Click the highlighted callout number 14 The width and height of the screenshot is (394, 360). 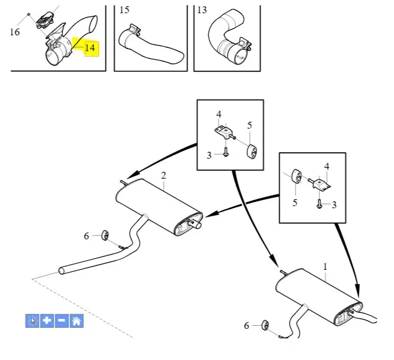click(90, 48)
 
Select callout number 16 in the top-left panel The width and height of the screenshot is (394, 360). click(15, 32)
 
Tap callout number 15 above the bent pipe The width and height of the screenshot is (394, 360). click(124, 10)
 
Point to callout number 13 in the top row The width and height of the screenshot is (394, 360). click(202, 10)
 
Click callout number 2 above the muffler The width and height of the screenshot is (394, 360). click(164, 176)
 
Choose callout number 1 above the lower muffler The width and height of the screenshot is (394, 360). click(325, 267)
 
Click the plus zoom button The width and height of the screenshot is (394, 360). click(47, 321)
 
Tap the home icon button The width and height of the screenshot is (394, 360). click(76, 321)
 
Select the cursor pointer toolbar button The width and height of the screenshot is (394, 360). click(32, 321)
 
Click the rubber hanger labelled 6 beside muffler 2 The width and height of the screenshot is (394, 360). click(105, 235)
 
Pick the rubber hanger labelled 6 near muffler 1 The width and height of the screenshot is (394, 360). click(265, 325)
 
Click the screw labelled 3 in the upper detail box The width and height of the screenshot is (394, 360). click(225, 152)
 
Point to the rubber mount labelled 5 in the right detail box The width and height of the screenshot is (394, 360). click(297, 176)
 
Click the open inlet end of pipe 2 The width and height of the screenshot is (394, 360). click(61, 271)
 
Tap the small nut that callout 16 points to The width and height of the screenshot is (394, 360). click(29, 14)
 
